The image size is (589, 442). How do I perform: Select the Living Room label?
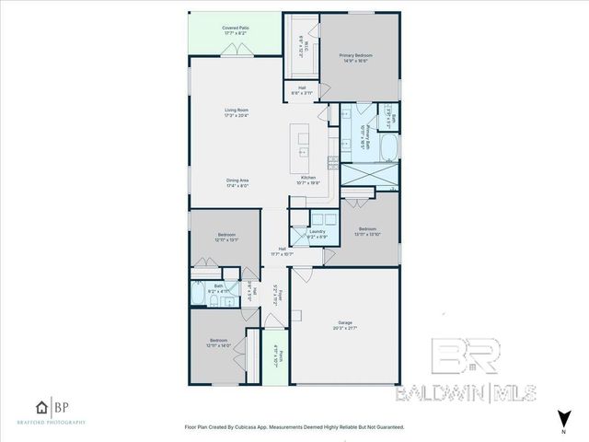tap(237, 110)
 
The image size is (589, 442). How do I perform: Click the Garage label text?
tap(345, 323)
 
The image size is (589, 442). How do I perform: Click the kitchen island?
tap(303, 144)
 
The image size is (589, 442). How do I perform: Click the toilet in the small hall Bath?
tap(201, 293)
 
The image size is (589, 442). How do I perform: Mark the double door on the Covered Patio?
tap(238, 54)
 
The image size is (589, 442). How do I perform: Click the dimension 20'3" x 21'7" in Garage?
tap(345, 329)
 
